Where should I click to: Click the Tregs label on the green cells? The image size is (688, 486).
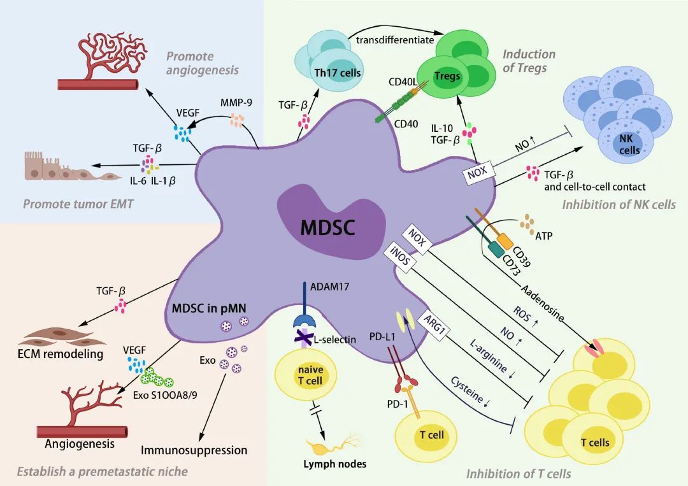coord(447,76)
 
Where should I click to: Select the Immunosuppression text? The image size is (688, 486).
coord(194,450)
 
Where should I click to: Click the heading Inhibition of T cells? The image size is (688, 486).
coord(519,473)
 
